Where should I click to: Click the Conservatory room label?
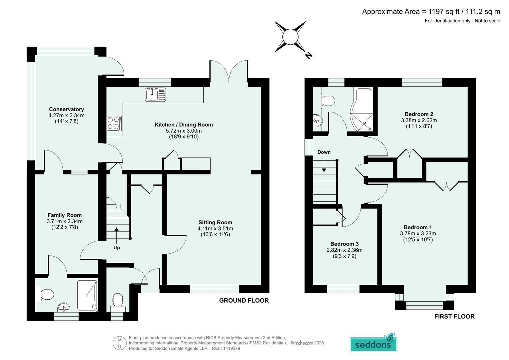click(66, 109)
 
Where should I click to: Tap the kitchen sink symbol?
click(155, 95)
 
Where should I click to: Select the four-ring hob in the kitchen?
click(114, 123)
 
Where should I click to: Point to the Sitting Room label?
click(215, 222)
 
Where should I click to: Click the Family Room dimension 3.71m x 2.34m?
click(65, 221)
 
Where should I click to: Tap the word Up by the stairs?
click(117, 248)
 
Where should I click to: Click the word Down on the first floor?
click(324, 152)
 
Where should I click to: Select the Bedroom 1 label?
click(418, 227)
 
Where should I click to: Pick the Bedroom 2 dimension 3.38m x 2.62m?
click(419, 120)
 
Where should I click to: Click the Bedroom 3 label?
click(344, 244)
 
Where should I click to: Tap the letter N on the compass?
click(308, 55)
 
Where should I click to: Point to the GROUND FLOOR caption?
click(244, 300)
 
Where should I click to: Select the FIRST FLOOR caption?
click(454, 316)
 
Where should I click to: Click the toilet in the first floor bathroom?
click(328, 100)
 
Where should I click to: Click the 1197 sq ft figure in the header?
click(442, 11)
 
